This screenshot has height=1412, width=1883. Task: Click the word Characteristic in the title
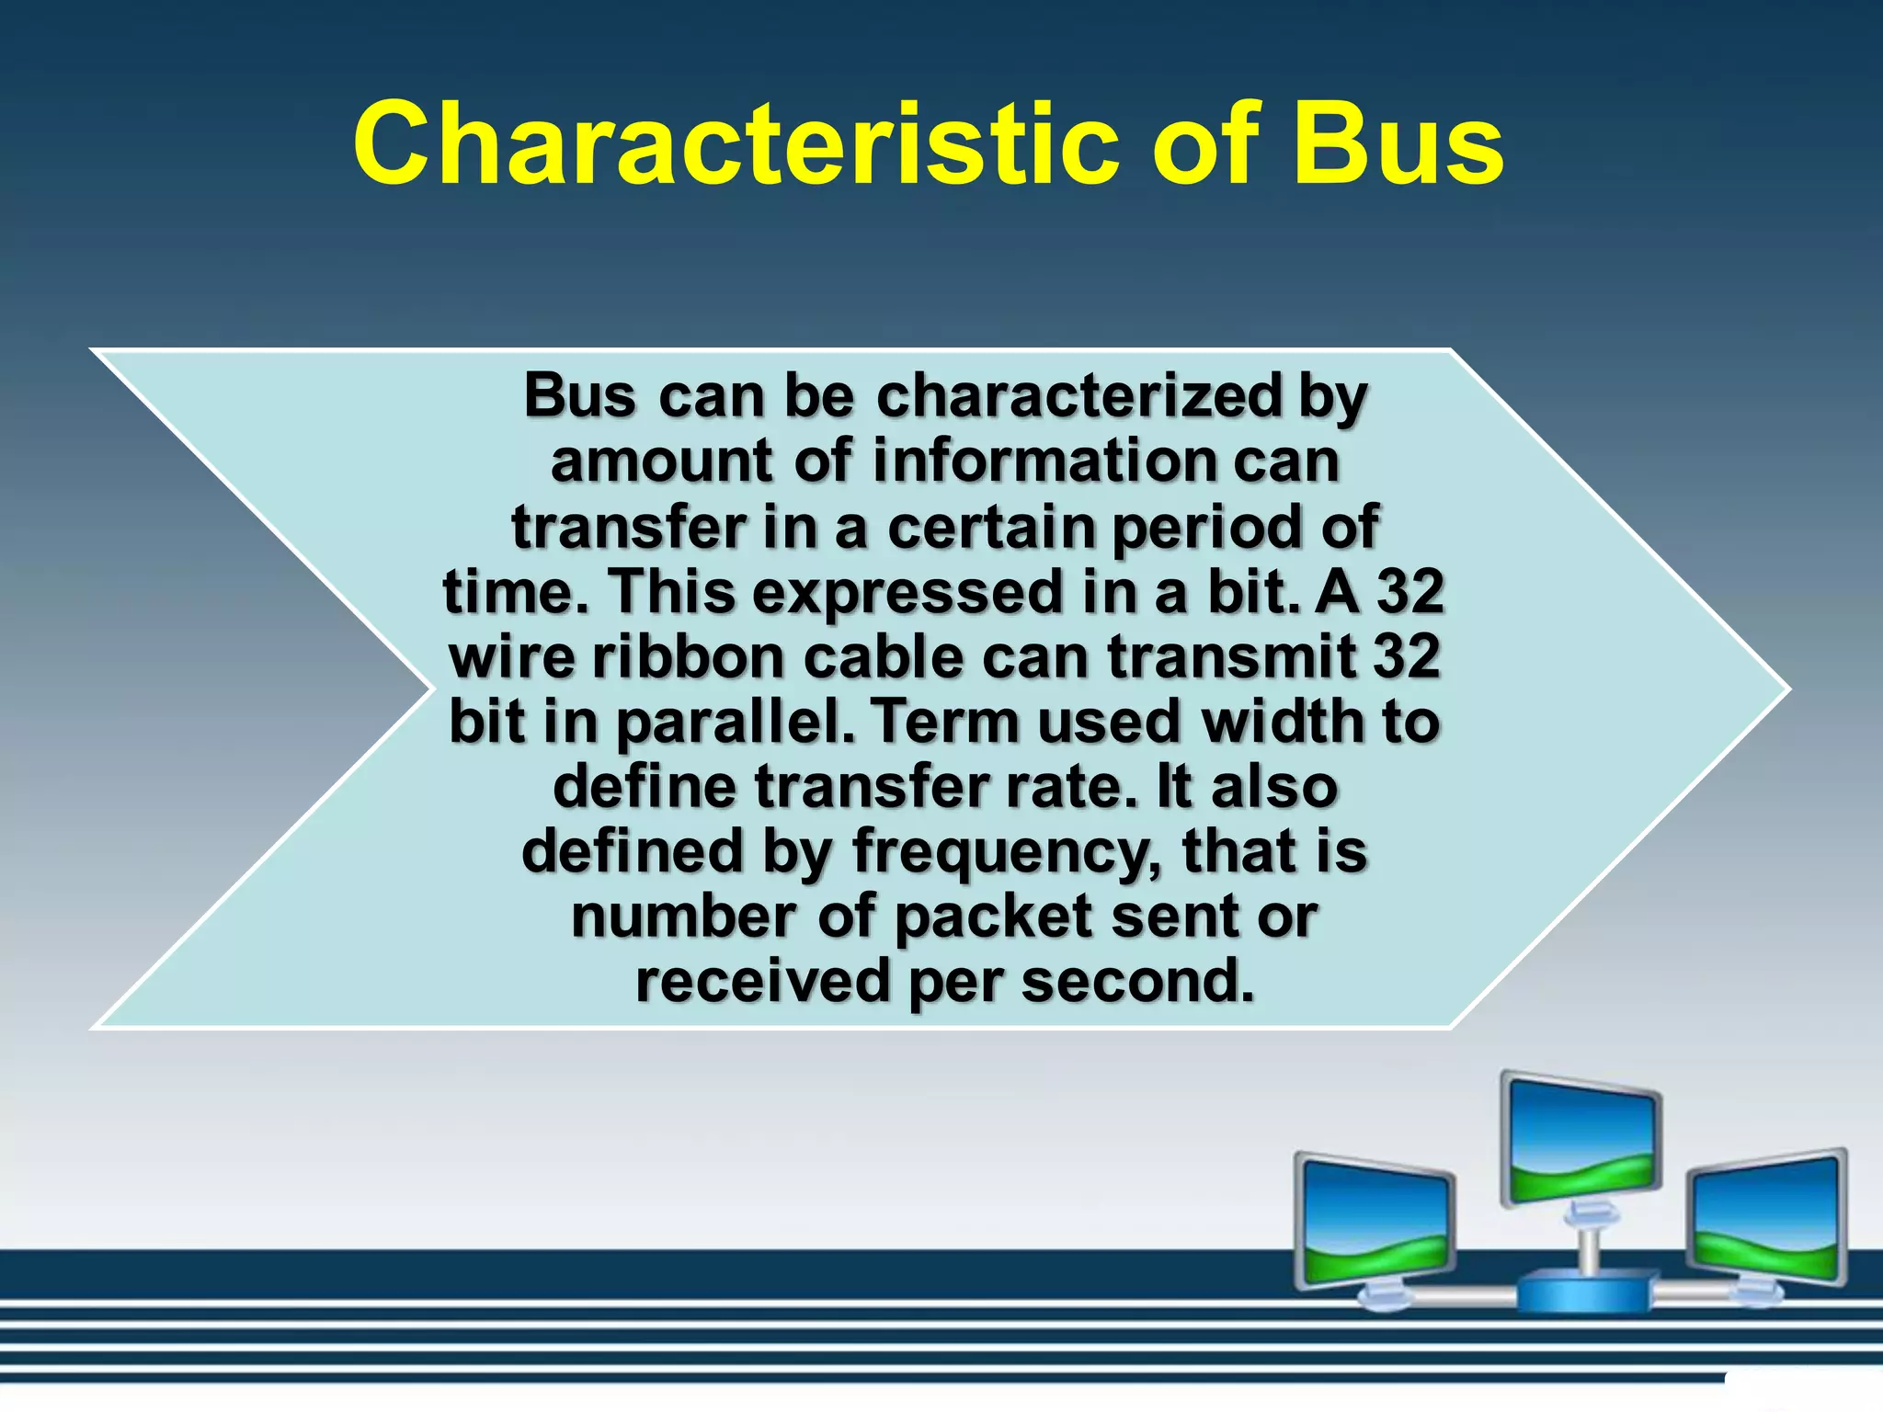pos(736,145)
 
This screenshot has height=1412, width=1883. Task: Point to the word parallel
pos(736,723)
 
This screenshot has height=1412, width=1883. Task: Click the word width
pos(1284,723)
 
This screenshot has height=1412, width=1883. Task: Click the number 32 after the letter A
pos(1409,592)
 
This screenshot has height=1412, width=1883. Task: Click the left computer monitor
pos(1375,1223)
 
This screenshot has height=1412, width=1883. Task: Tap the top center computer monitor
pos(1581,1140)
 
